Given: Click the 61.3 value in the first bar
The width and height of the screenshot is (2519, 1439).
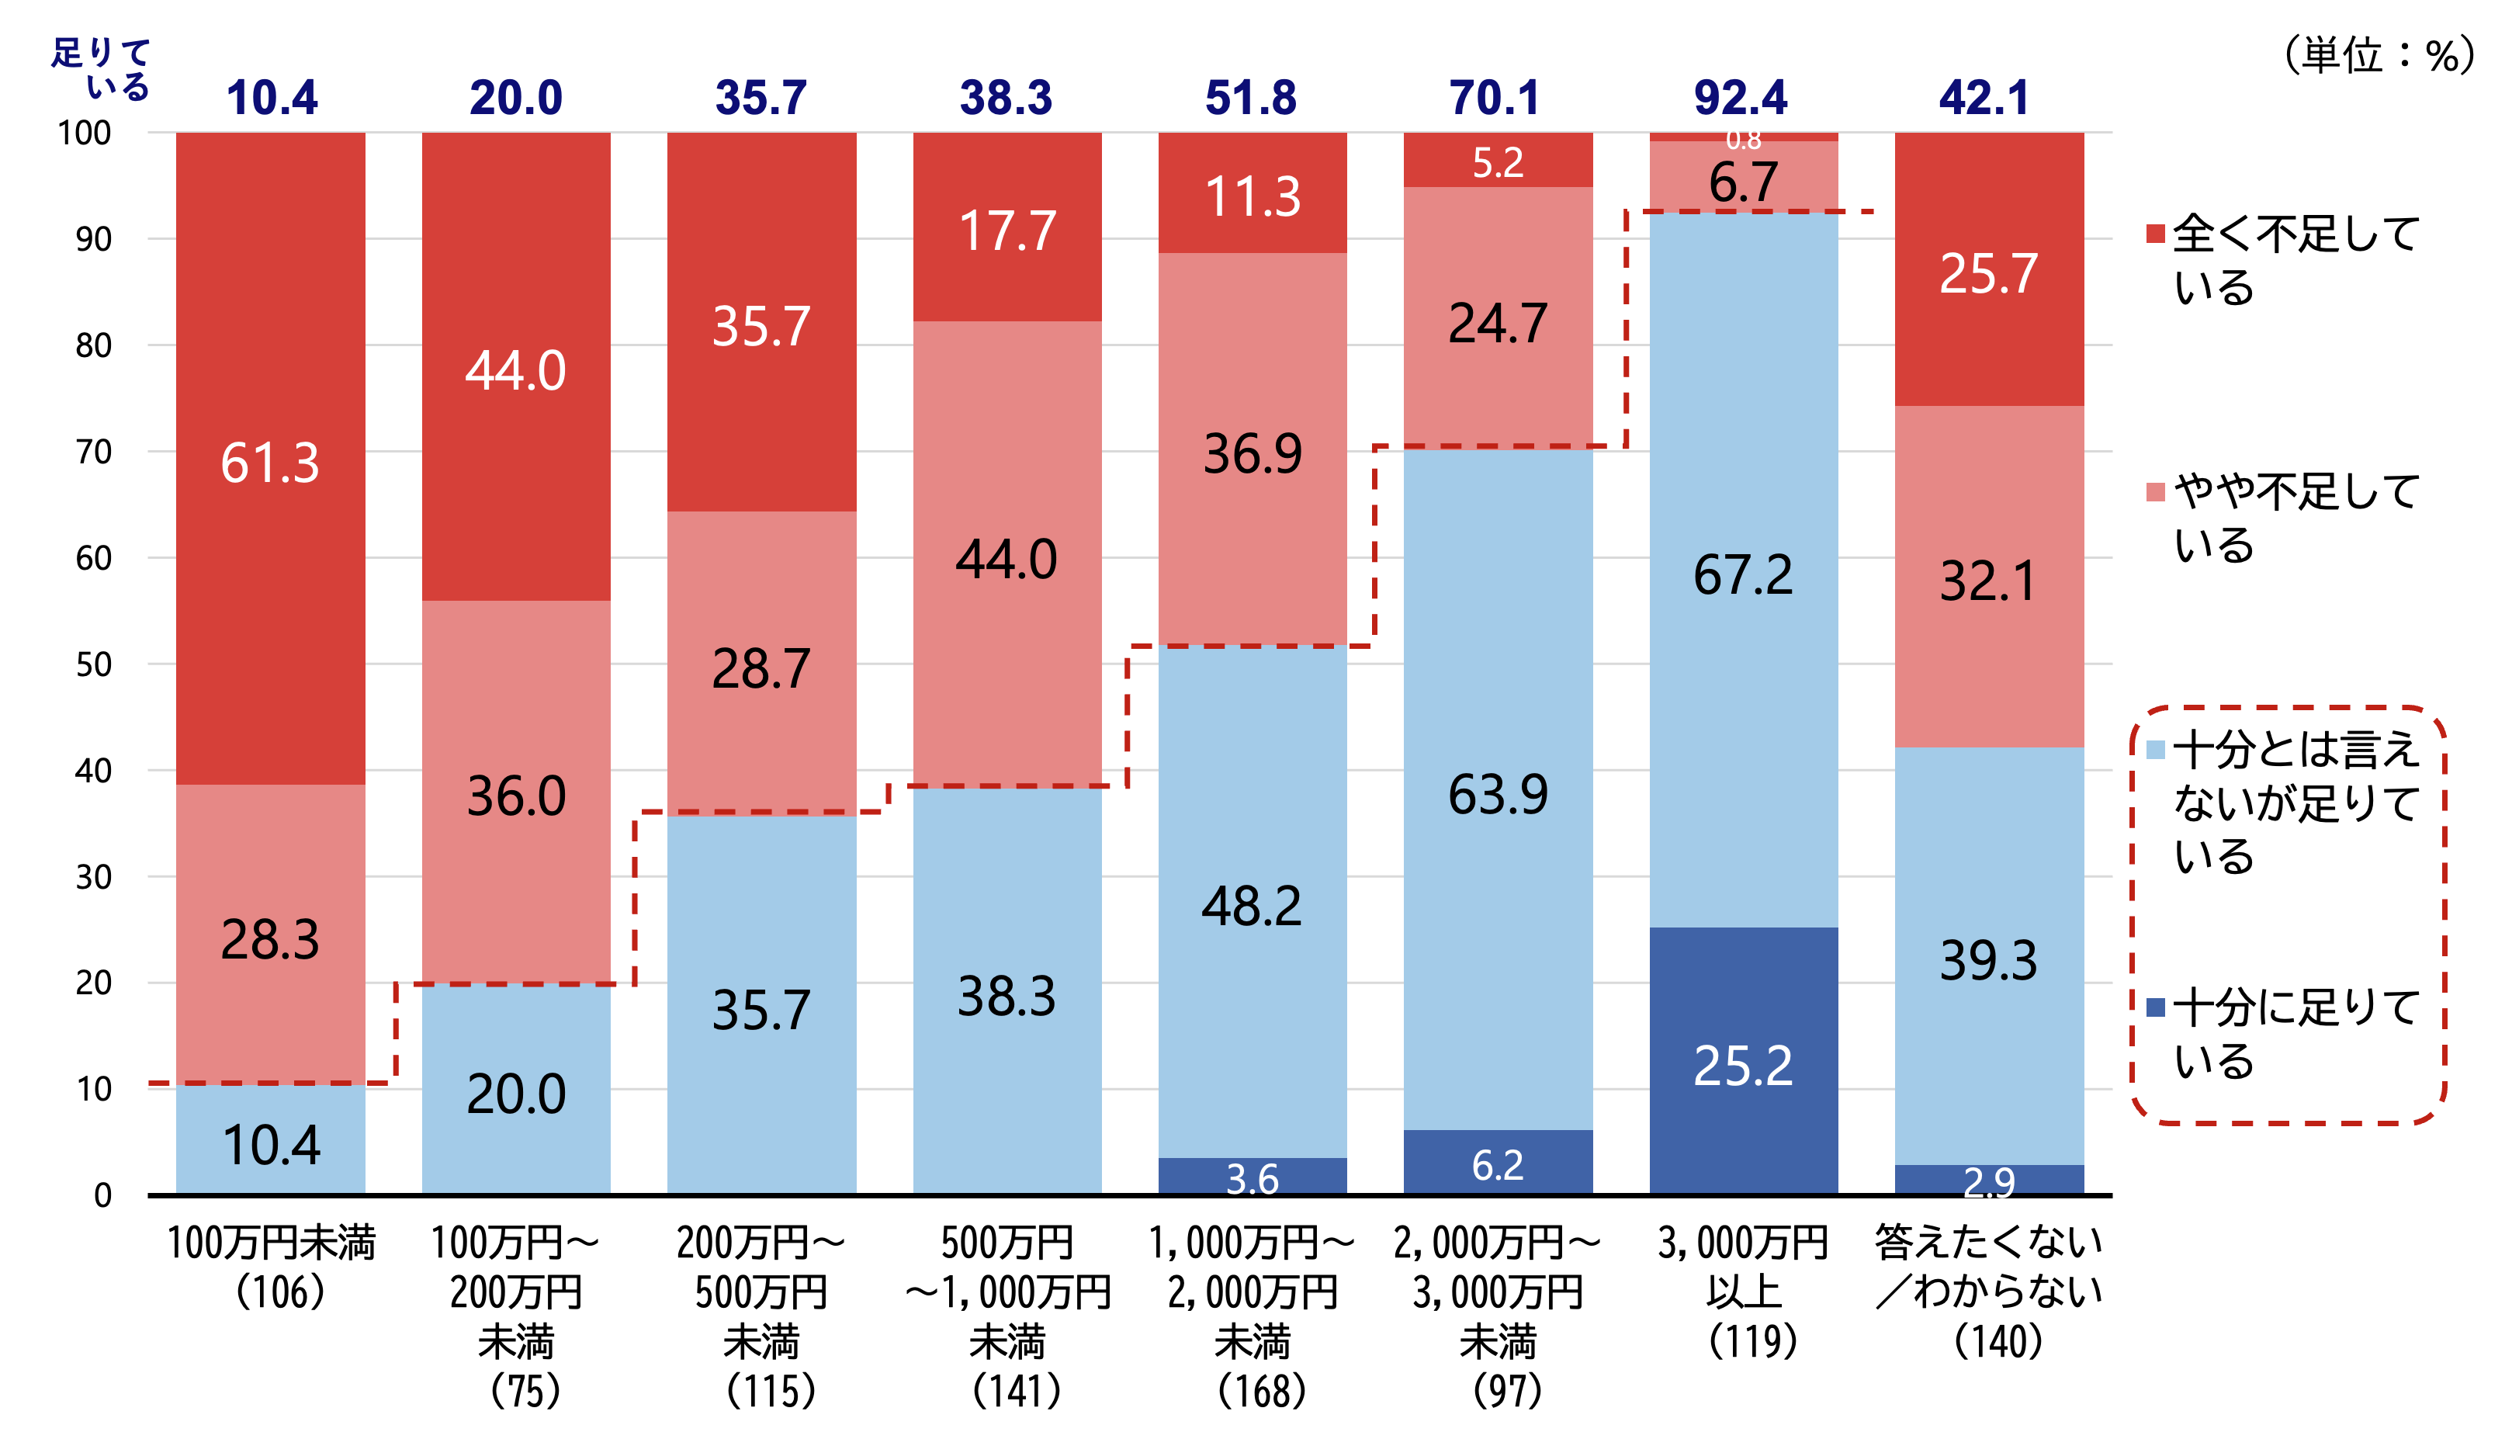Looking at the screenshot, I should pos(270,463).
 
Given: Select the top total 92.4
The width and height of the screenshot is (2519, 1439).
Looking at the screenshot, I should pos(1741,98).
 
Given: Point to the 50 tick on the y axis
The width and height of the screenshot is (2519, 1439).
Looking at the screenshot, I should pos(94,664).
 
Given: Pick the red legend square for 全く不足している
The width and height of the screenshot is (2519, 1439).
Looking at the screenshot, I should pos(2156,234).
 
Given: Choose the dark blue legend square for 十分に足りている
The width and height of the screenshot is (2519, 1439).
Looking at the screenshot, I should pos(2156,1008).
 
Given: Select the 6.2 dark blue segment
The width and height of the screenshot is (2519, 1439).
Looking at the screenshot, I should pos(1498,1164).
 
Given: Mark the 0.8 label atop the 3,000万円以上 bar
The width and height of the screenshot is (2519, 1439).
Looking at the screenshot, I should pos(1744,140).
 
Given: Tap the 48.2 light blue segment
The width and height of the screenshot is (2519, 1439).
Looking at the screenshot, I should pos(1252,905).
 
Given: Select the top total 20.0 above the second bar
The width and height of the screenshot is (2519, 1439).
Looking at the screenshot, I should pos(515,98).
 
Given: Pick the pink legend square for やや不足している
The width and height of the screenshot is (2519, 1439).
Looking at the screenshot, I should pos(2156,491).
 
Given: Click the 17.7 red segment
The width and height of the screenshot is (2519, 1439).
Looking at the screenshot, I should pos(1007,231).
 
